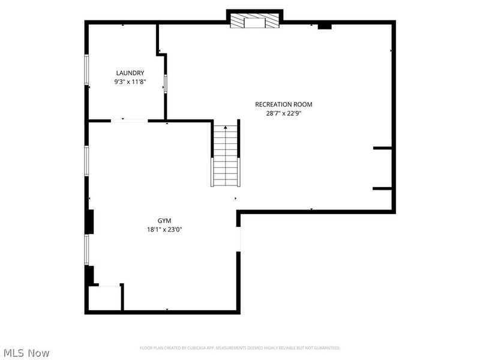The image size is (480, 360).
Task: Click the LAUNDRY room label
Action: (x=130, y=73)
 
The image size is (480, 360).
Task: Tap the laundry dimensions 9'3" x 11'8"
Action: (x=130, y=82)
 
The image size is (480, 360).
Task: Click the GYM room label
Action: (x=164, y=221)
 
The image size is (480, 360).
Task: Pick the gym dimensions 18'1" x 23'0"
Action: (x=164, y=229)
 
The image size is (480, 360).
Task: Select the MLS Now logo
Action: (x=26, y=353)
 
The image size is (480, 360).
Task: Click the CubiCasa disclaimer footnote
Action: (x=240, y=348)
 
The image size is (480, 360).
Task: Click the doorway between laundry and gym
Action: (x=129, y=121)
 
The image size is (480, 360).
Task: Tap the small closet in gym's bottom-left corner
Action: (x=104, y=298)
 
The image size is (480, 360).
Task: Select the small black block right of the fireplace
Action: (x=325, y=26)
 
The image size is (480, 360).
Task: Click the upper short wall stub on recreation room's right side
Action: (x=382, y=148)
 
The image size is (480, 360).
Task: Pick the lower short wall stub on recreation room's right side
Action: (x=382, y=189)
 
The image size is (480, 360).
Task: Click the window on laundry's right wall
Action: (x=166, y=84)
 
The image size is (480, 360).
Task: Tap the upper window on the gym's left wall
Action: (x=87, y=161)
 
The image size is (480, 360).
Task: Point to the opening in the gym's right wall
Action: (x=239, y=239)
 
